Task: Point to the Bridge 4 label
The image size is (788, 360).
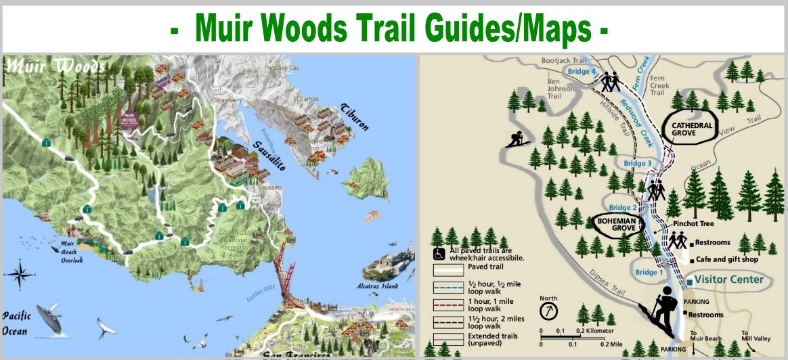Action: (x=584, y=71)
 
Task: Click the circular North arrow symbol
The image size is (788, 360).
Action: (x=548, y=312)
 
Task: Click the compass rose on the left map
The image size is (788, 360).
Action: (x=20, y=275)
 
